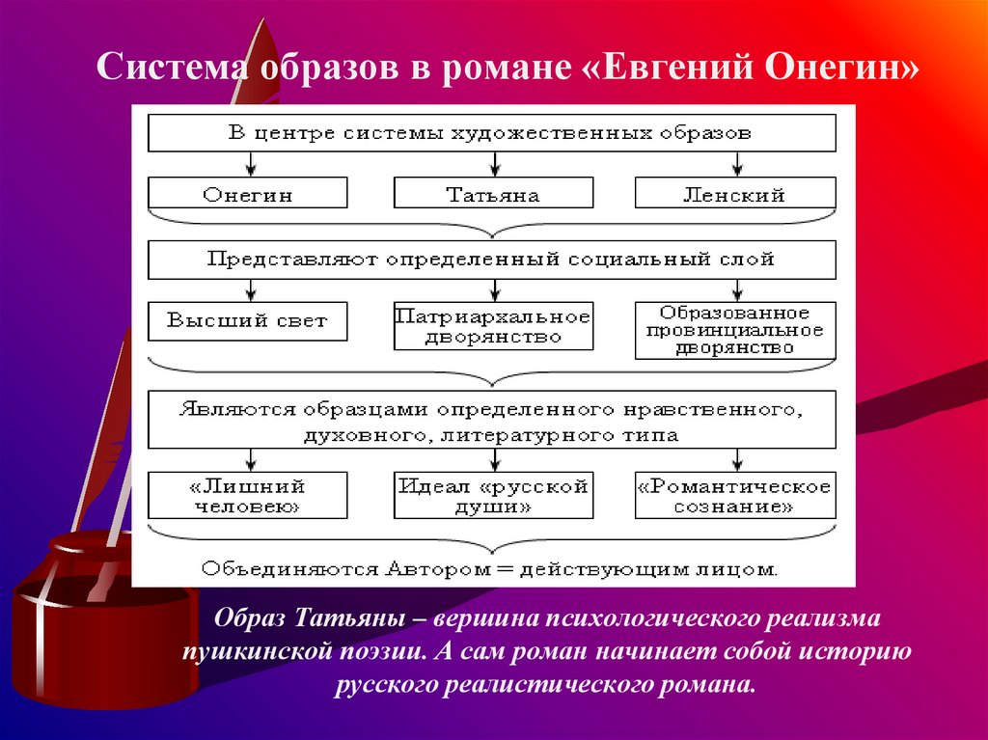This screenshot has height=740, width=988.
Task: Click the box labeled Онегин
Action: click(x=248, y=194)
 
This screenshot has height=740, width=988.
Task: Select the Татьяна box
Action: click(x=492, y=194)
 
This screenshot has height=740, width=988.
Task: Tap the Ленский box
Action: click(x=734, y=194)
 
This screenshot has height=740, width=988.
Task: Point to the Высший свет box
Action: click(x=248, y=321)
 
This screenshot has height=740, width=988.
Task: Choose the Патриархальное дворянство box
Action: click(x=492, y=326)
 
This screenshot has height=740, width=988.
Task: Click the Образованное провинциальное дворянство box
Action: click(x=734, y=330)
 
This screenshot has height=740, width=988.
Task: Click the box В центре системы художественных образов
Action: click(x=491, y=133)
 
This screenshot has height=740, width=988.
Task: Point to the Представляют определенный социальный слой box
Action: click(x=491, y=260)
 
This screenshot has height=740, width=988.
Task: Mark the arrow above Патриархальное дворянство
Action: click(x=495, y=290)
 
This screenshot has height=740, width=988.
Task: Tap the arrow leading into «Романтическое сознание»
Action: click(x=738, y=459)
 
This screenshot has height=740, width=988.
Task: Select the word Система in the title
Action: click(x=167, y=70)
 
